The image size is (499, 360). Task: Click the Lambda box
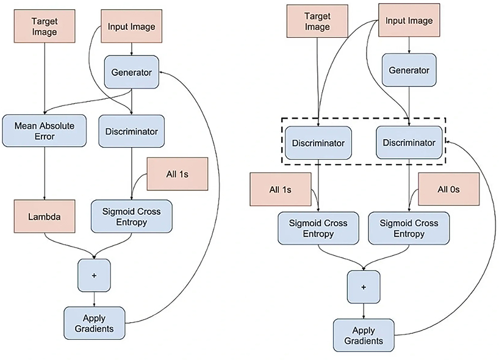(44, 216)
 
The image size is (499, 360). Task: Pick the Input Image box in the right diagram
(408, 21)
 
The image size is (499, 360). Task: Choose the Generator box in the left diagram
(131, 71)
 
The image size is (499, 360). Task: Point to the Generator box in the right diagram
(409, 70)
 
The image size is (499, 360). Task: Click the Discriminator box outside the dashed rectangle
(132, 131)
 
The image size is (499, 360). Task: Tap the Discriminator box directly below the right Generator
(409, 143)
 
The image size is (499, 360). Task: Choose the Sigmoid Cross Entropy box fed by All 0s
(409, 228)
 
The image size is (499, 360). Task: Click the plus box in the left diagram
(94, 275)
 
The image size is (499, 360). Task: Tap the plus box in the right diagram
(364, 286)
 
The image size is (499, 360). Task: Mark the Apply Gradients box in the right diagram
(364, 335)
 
